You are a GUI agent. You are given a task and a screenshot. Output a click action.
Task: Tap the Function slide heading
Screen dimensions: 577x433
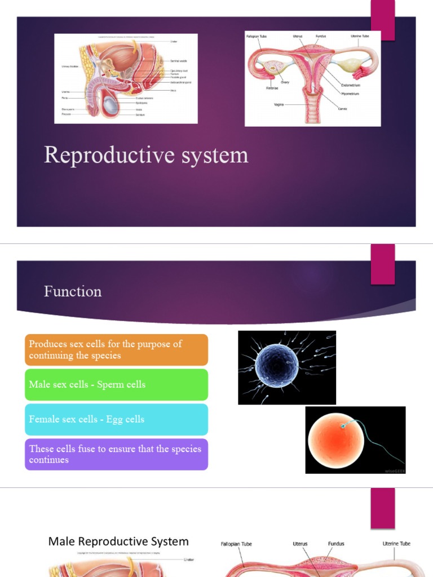[x=73, y=291]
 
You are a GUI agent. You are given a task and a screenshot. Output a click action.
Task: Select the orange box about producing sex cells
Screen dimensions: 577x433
[x=116, y=349]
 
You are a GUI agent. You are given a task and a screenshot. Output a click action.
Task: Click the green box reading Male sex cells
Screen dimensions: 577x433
[x=116, y=385]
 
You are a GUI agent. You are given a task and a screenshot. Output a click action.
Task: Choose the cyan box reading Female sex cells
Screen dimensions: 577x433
[x=116, y=419]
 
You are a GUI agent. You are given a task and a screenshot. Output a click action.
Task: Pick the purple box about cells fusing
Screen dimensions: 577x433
[x=116, y=454]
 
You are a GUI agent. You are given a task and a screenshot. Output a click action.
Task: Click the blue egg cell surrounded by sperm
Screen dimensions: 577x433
[x=276, y=367]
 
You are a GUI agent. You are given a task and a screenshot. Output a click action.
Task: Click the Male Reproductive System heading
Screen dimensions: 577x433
[x=118, y=542]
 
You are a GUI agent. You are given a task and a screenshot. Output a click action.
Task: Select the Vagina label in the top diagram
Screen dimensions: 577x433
[x=279, y=104]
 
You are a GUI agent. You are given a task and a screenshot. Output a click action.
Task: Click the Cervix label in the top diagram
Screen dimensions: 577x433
[x=343, y=109]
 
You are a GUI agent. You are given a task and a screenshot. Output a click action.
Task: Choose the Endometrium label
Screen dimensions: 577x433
[x=351, y=85]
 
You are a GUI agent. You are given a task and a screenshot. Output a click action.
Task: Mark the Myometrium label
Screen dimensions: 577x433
[x=350, y=94]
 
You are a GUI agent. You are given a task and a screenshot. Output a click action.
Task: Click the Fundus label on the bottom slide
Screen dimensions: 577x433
[x=336, y=544]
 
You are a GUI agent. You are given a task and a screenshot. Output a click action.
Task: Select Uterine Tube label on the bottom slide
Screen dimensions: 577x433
[x=396, y=544]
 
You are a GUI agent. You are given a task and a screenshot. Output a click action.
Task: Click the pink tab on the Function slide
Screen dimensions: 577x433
[x=382, y=264]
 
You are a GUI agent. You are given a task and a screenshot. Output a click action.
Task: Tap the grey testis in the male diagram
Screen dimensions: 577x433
[x=111, y=104]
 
